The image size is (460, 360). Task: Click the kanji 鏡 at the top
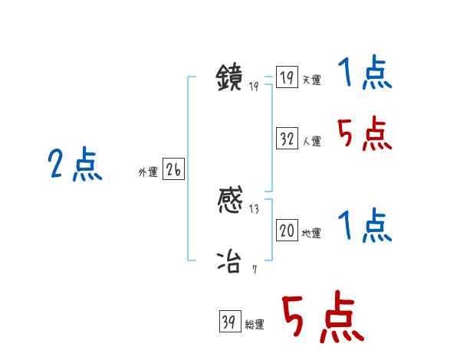pyautogui.click(x=230, y=78)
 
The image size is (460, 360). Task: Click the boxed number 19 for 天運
pyautogui.click(x=287, y=78)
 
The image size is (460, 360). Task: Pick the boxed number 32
pyautogui.click(x=287, y=139)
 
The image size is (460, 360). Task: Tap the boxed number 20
pyautogui.click(x=287, y=231)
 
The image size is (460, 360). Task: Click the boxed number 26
pyautogui.click(x=173, y=170)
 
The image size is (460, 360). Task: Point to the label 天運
pyautogui.click(x=311, y=80)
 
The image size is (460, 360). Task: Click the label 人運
pyautogui.click(x=311, y=141)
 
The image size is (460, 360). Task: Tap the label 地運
pyautogui.click(x=311, y=233)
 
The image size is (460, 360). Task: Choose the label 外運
pyautogui.click(x=148, y=172)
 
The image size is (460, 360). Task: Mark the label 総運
pyautogui.click(x=255, y=325)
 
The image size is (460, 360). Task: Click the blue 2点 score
pyautogui.click(x=75, y=165)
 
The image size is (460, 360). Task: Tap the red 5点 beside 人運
pyautogui.click(x=364, y=136)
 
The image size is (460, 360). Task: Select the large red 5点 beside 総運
pyautogui.click(x=322, y=318)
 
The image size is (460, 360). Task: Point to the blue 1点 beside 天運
pyautogui.click(x=364, y=74)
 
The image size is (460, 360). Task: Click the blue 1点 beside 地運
pyautogui.click(x=364, y=226)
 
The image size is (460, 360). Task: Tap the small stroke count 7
pyautogui.click(x=254, y=268)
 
